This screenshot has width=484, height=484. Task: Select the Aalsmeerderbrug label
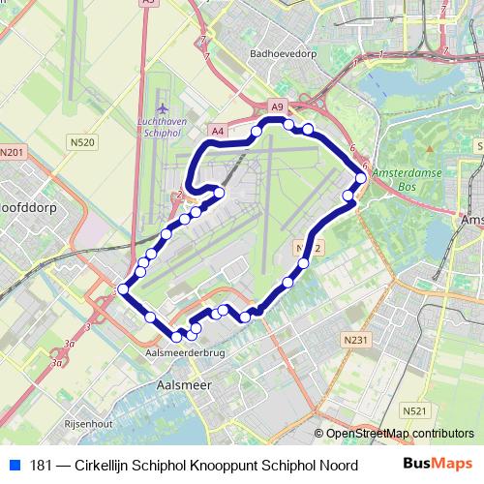tap(177, 355)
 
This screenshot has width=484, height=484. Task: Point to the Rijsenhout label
tap(88, 423)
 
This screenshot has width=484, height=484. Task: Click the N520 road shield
tap(83, 142)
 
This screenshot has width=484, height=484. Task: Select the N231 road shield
tap(356, 341)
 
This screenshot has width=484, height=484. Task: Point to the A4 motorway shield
tap(216, 130)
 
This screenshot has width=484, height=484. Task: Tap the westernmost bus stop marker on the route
tap(123, 288)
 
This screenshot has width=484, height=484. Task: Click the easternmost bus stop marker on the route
tap(361, 178)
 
